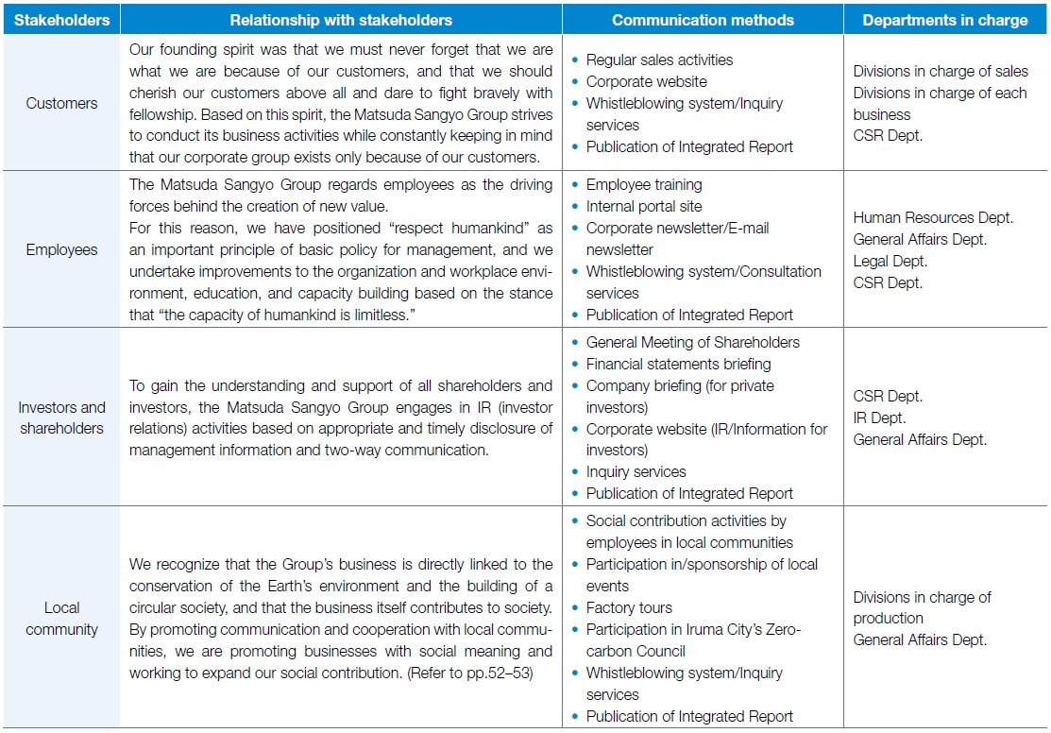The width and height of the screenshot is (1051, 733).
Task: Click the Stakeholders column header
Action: pyautogui.click(x=62, y=20)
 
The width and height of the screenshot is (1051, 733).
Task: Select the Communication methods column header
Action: pyautogui.click(x=703, y=20)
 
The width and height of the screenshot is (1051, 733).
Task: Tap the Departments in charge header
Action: pyautogui.click(x=944, y=20)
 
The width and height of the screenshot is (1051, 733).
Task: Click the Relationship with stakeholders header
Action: pyautogui.click(x=341, y=20)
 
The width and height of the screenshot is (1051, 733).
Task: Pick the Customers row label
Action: pyautogui.click(x=62, y=103)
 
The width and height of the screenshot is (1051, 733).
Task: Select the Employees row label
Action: pyautogui.click(x=62, y=249)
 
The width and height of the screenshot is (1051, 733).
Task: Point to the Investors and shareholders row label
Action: pyautogui.click(x=62, y=418)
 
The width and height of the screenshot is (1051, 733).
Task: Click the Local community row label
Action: pyautogui.click(x=62, y=619)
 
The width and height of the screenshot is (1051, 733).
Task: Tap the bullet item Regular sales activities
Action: pyautogui.click(x=659, y=60)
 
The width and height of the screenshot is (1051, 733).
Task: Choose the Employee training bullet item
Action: pyautogui.click(x=644, y=184)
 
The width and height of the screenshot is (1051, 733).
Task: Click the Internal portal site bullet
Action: pyautogui.click(x=644, y=206)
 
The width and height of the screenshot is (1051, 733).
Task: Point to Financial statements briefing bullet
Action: pyautogui.click(x=678, y=364)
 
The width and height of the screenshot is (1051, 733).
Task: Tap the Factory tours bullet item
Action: pyautogui.click(x=629, y=607)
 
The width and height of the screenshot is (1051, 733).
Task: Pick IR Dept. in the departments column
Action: pyautogui.click(x=879, y=418)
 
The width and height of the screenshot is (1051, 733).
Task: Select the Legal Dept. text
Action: pyautogui.click(x=890, y=261)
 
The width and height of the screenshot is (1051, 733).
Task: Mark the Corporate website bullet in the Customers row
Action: pyautogui.click(x=646, y=81)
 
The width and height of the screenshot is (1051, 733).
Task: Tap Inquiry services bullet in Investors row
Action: pyautogui.click(x=636, y=471)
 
